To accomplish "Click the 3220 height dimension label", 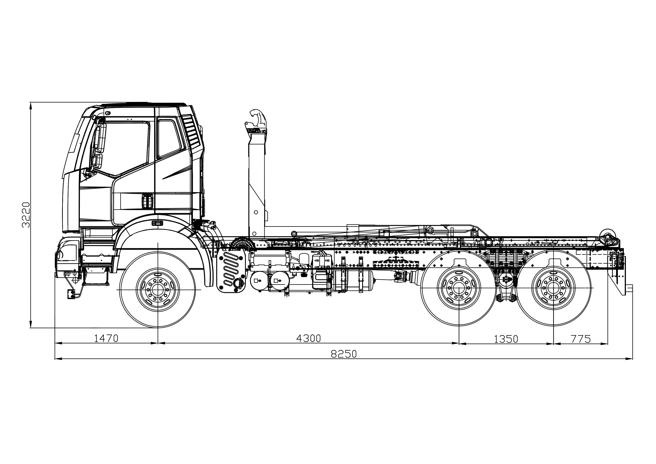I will point(26,215).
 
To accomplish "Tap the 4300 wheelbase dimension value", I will point(309,338).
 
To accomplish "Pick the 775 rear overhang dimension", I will point(581,339).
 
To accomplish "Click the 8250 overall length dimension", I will point(344,354).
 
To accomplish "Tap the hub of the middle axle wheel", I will point(459,288).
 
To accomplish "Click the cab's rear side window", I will point(169,138).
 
